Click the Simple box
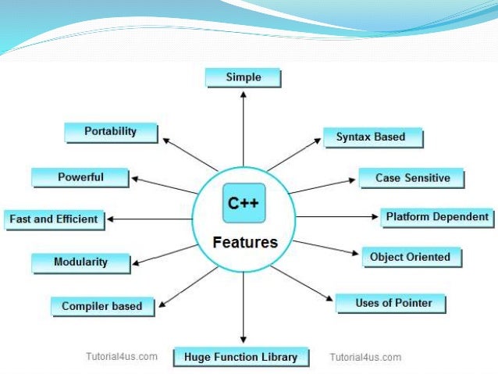tap(243, 77)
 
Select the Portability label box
tap(110, 132)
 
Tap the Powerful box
tap(80, 177)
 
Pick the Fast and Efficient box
tap(53, 219)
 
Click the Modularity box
tap(80, 262)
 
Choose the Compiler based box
tap(101, 306)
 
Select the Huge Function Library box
tap(240, 358)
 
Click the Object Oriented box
tap(410, 257)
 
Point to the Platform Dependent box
tap(437, 217)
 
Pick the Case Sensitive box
tap(412, 178)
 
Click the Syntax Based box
tap(371, 137)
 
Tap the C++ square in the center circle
tap(244, 204)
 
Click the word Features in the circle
tap(245, 242)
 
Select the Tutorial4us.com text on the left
tap(121, 357)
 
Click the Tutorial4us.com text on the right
tap(365, 358)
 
